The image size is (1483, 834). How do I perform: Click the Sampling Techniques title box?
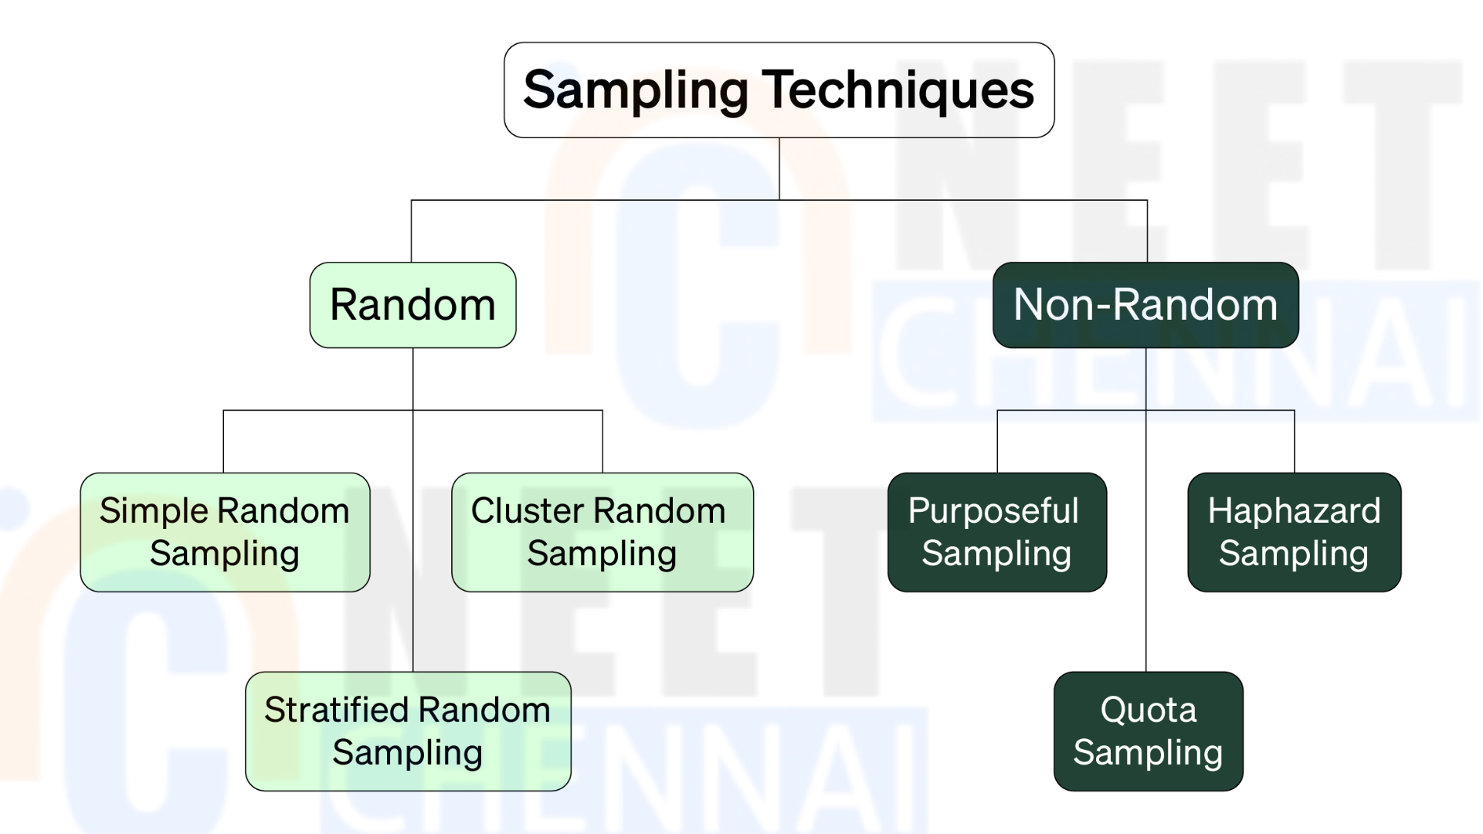779,90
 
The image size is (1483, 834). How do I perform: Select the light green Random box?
413,305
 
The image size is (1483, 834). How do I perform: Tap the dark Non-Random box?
1145,305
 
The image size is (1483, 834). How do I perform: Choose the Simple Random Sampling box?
225,532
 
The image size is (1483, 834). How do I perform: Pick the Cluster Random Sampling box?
602,532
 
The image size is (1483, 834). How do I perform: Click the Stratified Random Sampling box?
408,731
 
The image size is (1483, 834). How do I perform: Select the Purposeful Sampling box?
997,532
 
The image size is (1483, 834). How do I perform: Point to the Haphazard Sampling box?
1295,532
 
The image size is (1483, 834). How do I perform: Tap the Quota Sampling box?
1149,731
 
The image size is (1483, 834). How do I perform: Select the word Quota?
1149,710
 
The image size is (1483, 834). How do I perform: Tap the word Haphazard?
1295,511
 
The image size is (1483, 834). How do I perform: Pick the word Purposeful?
993,511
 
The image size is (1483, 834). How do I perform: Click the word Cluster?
528,510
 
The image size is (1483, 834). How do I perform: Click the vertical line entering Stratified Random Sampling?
413,510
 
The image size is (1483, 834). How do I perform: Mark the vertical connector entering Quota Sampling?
1145,510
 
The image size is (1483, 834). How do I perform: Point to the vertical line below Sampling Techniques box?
779,169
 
